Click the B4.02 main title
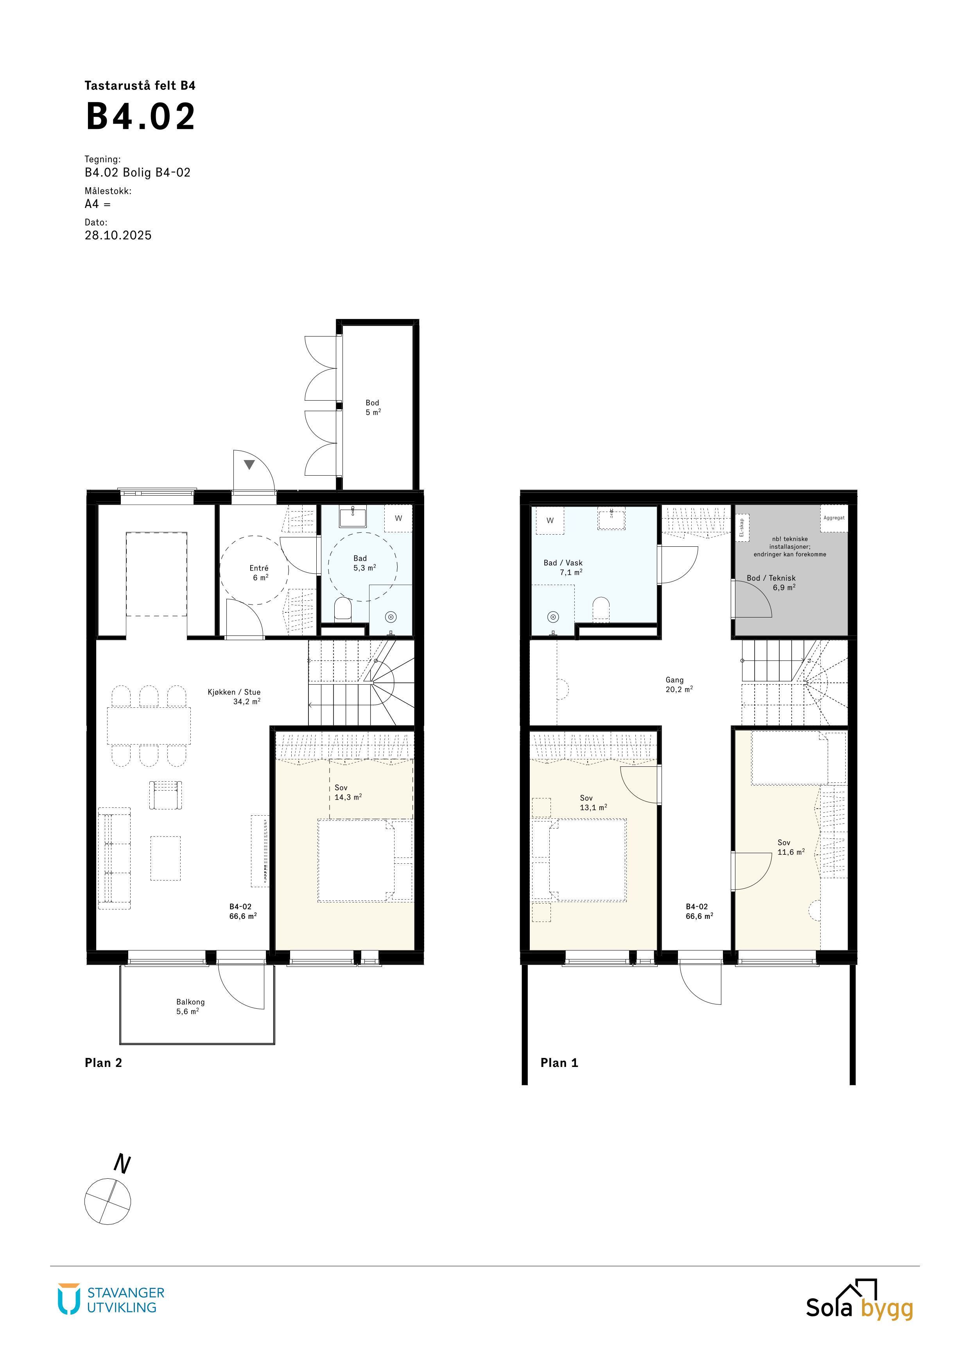[x=141, y=116]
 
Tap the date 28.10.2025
[x=118, y=235]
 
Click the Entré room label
[x=259, y=568]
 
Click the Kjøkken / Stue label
[x=234, y=692]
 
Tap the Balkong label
[x=190, y=1002]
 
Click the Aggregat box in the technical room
[x=834, y=518]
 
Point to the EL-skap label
[x=742, y=528]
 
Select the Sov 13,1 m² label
[x=593, y=802]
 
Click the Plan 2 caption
[x=103, y=1063]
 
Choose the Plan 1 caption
[x=559, y=1063]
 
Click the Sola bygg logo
[x=859, y=1300]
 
